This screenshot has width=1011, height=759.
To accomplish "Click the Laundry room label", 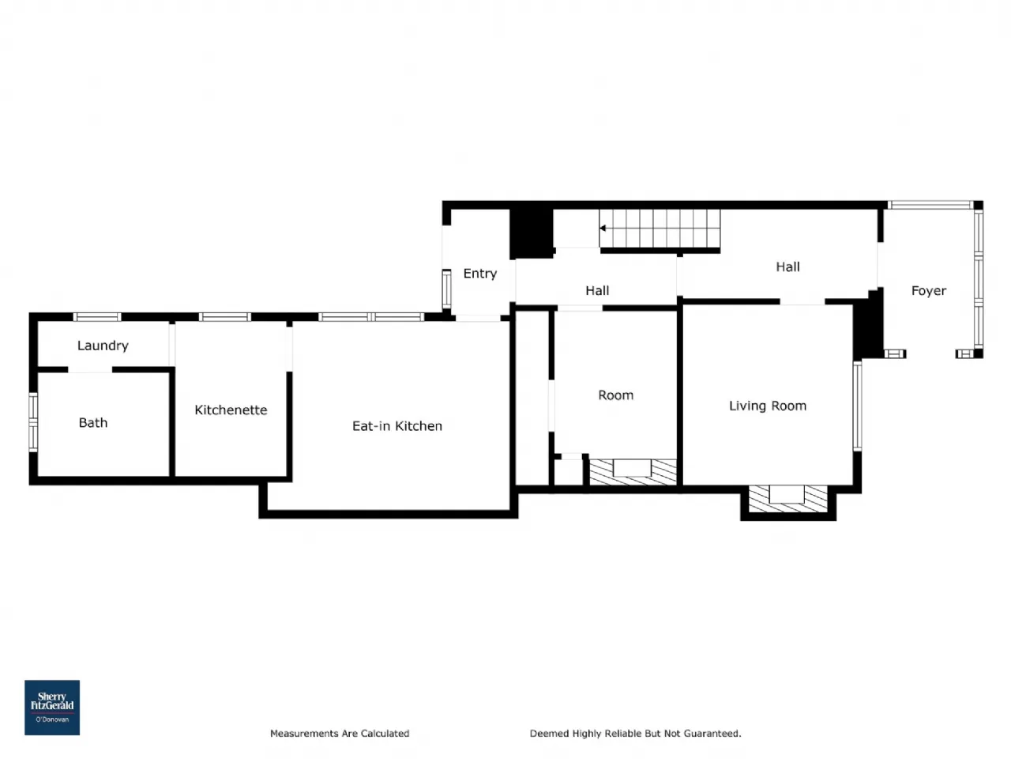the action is click(x=103, y=346).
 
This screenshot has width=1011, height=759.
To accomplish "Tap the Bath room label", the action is click(x=93, y=422).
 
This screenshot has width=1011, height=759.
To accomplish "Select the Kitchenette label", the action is click(x=231, y=410).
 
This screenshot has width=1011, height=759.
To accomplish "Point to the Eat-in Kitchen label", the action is click(x=397, y=426).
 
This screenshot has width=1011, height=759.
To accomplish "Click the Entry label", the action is click(x=480, y=274).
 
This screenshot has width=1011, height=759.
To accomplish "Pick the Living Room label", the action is click(x=768, y=406).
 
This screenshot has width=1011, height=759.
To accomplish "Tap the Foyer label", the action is click(x=929, y=291).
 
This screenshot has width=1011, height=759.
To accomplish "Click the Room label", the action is click(x=616, y=395).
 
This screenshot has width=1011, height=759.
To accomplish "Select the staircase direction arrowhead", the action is click(x=603, y=228).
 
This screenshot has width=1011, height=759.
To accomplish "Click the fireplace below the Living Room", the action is click(x=787, y=499).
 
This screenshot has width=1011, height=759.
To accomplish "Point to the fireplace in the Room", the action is click(x=633, y=472).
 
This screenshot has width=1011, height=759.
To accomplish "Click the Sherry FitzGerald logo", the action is click(x=52, y=708).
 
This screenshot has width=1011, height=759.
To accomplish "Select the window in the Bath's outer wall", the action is click(x=33, y=422).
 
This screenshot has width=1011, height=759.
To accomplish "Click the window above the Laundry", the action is click(x=97, y=316).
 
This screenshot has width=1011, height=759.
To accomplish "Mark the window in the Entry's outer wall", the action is click(x=446, y=289).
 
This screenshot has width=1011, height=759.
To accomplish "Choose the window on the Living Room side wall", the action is click(x=857, y=406).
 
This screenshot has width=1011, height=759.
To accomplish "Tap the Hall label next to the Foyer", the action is click(x=787, y=266).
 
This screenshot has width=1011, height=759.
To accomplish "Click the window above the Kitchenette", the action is click(x=225, y=316).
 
